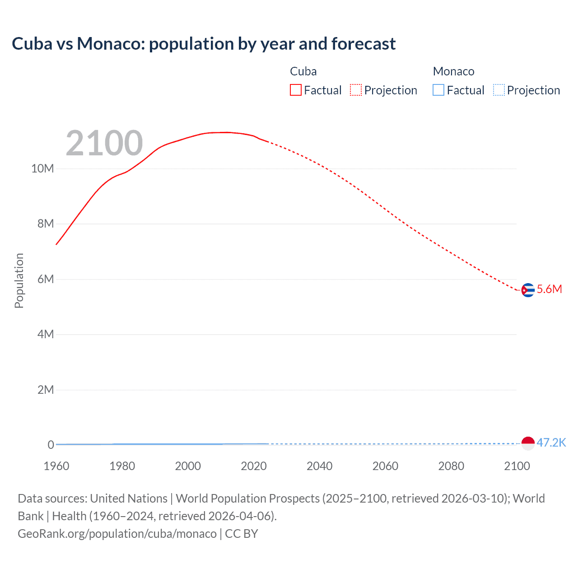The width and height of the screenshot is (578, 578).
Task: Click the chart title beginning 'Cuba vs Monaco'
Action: click(204, 44)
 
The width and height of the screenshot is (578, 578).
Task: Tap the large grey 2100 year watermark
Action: click(104, 143)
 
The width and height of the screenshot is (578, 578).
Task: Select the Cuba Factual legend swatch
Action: click(295, 90)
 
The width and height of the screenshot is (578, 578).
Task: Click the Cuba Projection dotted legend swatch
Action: click(356, 90)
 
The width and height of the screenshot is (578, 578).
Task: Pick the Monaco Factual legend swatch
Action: click(438, 90)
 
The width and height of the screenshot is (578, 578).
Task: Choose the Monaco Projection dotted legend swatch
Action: click(499, 90)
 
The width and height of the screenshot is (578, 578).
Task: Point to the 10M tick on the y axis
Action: click(42, 169)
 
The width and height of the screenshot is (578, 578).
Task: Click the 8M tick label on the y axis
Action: click(45, 224)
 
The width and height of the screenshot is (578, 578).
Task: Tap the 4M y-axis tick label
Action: click(45, 334)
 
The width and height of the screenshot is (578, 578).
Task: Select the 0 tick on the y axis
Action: click(51, 445)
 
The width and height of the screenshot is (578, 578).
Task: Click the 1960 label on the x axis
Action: click(56, 466)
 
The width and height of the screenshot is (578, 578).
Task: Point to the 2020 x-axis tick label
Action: click(254, 466)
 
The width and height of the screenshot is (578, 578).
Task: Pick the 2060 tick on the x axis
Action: click(385, 466)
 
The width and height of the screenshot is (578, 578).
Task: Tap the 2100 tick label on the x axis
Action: click(517, 466)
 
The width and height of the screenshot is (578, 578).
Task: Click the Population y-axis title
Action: click(19, 280)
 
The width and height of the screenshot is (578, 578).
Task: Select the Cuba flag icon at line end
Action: click(527, 290)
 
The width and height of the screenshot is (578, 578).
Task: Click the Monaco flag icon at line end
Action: click(527, 443)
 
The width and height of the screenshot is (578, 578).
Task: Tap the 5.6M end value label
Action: click(549, 289)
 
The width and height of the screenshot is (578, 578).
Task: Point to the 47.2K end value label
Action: click(551, 443)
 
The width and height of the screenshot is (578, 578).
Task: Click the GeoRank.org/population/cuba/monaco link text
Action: click(117, 534)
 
